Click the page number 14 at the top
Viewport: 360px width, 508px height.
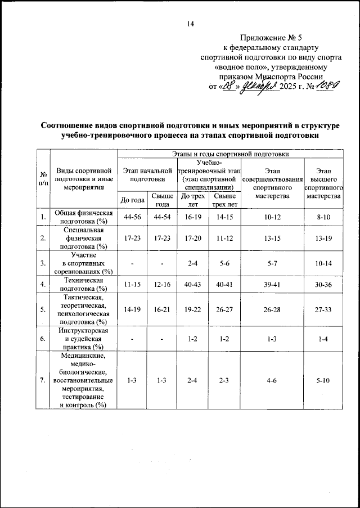click(191, 23)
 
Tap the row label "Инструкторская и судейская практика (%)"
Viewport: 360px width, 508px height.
click(84, 339)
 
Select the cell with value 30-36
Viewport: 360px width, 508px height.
click(323, 284)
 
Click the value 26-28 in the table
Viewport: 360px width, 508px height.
click(272, 309)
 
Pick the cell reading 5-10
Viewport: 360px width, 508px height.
click(323, 381)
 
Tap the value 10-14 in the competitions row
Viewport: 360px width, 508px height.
click(323, 262)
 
